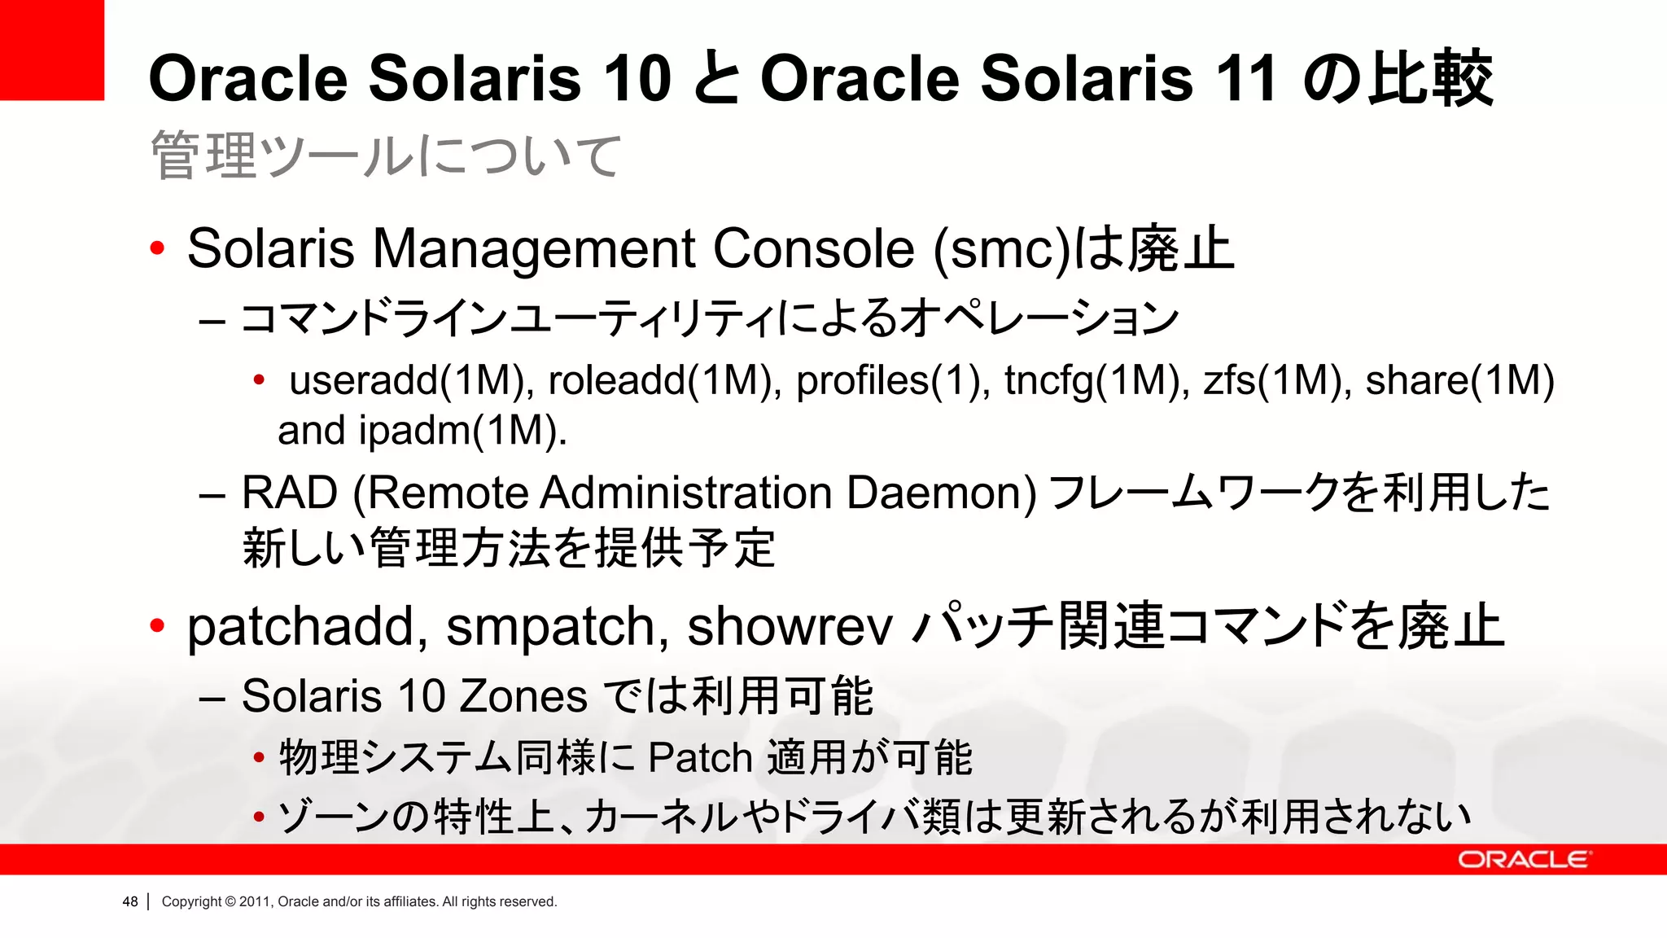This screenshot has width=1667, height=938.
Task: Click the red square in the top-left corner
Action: click(51, 50)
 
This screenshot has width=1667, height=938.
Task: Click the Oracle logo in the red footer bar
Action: click(1523, 860)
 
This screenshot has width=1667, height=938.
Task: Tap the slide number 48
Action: click(130, 901)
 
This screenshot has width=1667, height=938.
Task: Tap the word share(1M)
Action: click(1459, 381)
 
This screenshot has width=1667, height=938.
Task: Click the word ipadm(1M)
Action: click(462, 431)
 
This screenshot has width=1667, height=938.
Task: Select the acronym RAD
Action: click(290, 493)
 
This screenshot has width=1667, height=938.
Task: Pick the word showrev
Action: click(790, 627)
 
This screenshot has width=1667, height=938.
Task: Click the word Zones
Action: click(523, 697)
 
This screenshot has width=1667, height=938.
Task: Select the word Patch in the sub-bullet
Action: click(700, 758)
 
